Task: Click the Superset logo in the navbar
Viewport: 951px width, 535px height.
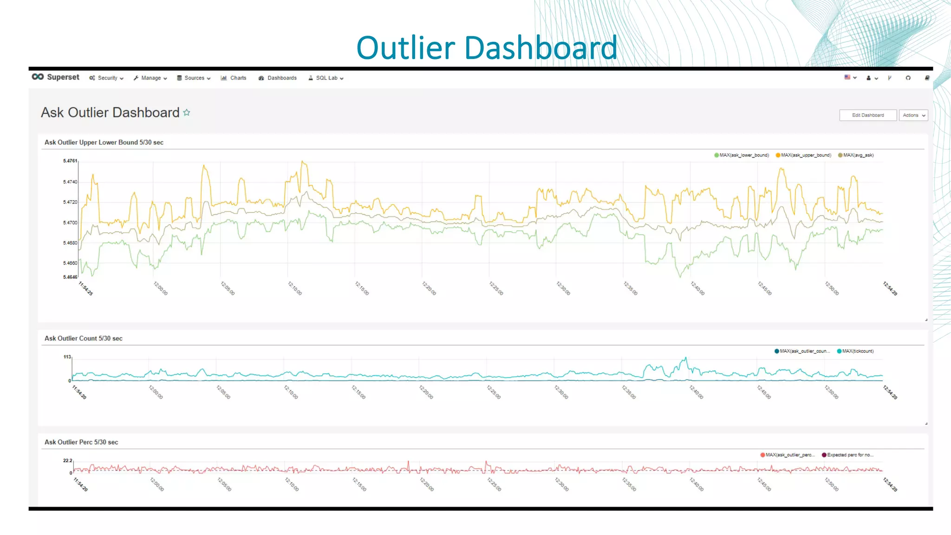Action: pyautogui.click(x=56, y=77)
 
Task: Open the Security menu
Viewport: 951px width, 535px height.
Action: pyautogui.click(x=107, y=78)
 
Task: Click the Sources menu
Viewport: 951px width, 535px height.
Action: pyautogui.click(x=194, y=78)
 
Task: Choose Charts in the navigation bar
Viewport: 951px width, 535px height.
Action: pyautogui.click(x=234, y=78)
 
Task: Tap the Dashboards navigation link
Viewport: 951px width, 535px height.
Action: pyautogui.click(x=278, y=78)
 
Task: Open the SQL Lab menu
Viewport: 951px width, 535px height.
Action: pyautogui.click(x=326, y=78)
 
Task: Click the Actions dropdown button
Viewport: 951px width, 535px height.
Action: pyautogui.click(x=913, y=115)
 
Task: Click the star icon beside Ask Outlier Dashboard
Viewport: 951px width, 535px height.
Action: pyautogui.click(x=187, y=113)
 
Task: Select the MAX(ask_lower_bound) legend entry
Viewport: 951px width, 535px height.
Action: pyautogui.click(x=742, y=155)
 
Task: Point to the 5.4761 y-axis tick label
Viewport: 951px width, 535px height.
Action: pyautogui.click(x=70, y=161)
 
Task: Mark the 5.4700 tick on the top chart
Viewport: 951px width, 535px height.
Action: pyautogui.click(x=70, y=223)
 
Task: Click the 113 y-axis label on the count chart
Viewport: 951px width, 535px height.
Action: pyautogui.click(x=67, y=357)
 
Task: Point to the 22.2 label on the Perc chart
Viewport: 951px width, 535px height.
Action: pyautogui.click(x=67, y=461)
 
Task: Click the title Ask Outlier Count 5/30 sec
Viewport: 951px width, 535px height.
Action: pyautogui.click(x=84, y=339)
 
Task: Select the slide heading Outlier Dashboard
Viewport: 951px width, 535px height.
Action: pyautogui.click(x=487, y=48)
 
